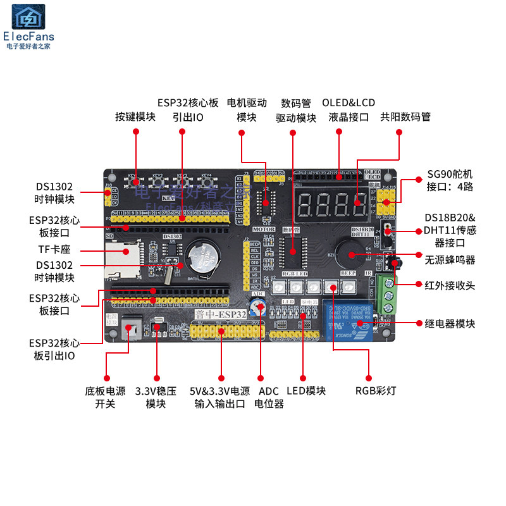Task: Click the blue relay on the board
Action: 345,319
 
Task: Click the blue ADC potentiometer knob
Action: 257,308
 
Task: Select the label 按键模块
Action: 135,116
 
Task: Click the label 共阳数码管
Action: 405,116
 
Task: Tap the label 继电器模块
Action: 449,323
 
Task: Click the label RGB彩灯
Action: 376,390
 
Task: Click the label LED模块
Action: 306,390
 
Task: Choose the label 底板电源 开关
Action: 105,397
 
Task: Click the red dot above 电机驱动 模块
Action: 241,132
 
